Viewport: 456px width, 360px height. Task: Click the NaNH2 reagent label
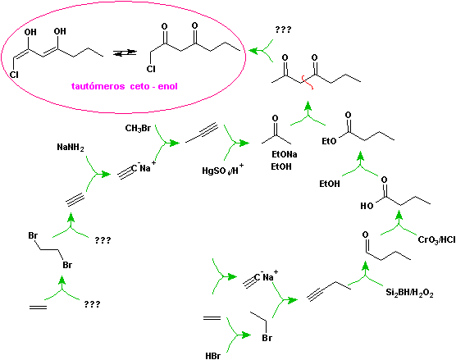71,148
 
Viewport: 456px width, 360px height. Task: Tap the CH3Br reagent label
138,128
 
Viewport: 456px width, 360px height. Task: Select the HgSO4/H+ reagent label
223,170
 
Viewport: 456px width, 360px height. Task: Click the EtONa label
285,154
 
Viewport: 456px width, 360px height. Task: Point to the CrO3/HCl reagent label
436,240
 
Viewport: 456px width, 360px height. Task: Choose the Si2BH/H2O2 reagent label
409,293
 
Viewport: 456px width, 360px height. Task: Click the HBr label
213,356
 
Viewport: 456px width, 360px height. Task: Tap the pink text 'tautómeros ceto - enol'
124,86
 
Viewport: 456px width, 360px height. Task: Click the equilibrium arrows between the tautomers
125,52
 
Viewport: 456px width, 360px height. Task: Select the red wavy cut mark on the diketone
307,82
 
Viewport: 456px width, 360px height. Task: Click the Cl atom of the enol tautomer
14,75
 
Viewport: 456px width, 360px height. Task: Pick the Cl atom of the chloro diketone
151,69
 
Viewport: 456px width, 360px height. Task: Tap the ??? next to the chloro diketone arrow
283,30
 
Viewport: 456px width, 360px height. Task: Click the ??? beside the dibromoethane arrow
103,240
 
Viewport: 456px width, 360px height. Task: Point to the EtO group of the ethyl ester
329,141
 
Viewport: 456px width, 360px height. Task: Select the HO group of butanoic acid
367,206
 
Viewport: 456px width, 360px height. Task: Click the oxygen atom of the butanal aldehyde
365,235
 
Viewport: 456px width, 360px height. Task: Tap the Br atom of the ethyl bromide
267,338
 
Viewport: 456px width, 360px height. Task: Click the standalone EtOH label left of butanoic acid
330,184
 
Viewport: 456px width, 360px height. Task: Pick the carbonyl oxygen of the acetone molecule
275,118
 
